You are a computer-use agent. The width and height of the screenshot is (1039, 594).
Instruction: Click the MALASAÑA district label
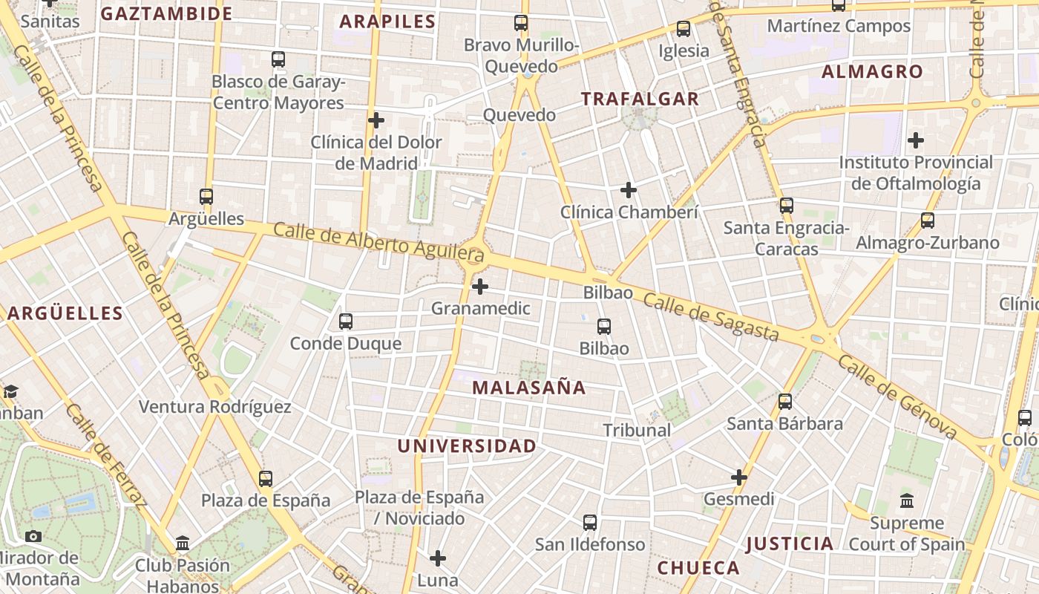pyautogui.click(x=528, y=388)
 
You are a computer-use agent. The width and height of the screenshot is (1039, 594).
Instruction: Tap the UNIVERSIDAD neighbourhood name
pyautogui.click(x=466, y=446)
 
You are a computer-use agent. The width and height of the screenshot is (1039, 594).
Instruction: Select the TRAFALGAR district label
pyautogui.click(x=640, y=99)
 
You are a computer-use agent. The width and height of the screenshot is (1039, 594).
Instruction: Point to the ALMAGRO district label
pyautogui.click(x=872, y=72)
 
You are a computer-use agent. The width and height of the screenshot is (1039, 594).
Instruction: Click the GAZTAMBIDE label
pyautogui.click(x=166, y=13)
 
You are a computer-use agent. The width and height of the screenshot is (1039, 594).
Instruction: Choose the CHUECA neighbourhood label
pyautogui.click(x=698, y=568)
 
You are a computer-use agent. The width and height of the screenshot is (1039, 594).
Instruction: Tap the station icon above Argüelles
pyautogui.click(x=206, y=197)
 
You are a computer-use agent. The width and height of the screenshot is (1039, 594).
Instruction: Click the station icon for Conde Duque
pyautogui.click(x=346, y=322)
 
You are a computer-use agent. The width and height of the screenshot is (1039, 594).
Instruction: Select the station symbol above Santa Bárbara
pyautogui.click(x=785, y=402)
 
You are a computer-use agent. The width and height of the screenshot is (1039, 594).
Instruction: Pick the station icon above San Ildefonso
pyautogui.click(x=590, y=523)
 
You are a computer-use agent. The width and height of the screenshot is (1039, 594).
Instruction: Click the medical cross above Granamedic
pyautogui.click(x=480, y=286)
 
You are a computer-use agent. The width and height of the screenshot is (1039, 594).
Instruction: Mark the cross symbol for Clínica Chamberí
pyautogui.click(x=629, y=191)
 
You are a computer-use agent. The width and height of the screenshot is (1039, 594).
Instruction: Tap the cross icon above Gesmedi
pyautogui.click(x=739, y=477)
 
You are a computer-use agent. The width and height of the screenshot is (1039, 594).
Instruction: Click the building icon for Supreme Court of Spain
pyautogui.click(x=907, y=501)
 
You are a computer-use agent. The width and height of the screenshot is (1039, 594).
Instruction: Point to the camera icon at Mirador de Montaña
pyautogui.click(x=33, y=536)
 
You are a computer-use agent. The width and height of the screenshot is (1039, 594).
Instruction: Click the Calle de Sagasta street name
pyautogui.click(x=711, y=317)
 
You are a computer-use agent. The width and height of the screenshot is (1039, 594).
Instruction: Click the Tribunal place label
pyautogui.click(x=636, y=430)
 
